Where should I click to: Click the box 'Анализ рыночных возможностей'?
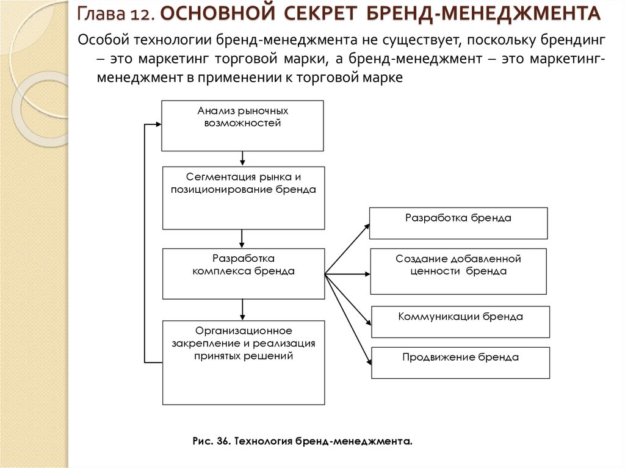click(x=242, y=126)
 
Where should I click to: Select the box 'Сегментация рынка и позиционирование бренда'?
click(x=244, y=198)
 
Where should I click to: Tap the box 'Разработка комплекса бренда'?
click(x=244, y=273)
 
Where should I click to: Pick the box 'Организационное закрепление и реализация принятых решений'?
click(x=244, y=362)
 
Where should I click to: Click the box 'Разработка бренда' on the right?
click(x=458, y=223)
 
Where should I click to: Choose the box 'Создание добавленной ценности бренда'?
click(x=458, y=272)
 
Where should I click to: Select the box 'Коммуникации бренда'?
click(x=460, y=322)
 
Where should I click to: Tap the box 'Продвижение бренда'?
click(x=460, y=362)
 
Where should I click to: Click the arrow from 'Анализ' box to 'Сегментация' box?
click(x=243, y=159)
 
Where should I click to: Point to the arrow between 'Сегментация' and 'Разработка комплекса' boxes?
click(x=243, y=238)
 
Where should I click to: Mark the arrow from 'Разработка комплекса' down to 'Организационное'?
click(x=243, y=309)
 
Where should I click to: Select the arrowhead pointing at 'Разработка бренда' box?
click(x=366, y=227)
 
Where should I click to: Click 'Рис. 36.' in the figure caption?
click(x=211, y=440)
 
